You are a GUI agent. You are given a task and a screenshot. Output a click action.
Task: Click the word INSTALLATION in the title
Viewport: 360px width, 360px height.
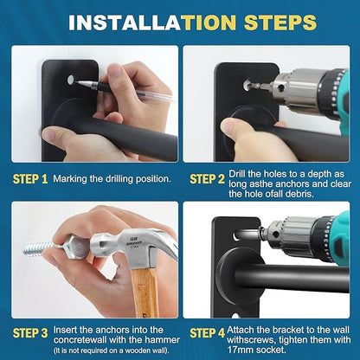[152, 22]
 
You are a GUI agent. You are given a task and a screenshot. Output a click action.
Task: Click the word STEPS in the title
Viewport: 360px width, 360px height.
[280, 22]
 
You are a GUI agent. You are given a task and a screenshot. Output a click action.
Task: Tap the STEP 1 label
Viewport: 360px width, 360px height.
[30, 179]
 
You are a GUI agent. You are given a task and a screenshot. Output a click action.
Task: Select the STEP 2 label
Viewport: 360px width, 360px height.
[207, 179]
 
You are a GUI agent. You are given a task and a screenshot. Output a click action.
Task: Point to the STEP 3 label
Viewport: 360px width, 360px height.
[30, 333]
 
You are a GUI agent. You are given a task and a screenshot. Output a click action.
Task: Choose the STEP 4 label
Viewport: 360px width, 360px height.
[207, 333]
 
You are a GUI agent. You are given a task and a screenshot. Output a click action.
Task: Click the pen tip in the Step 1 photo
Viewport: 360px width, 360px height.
[77, 82]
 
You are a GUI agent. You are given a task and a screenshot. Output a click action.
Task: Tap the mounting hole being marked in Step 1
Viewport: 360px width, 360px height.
[70, 80]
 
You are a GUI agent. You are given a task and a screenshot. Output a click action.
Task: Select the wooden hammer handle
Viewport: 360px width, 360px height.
[145, 292]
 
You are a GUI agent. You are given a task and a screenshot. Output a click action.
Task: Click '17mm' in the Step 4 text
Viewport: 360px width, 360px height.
[240, 350]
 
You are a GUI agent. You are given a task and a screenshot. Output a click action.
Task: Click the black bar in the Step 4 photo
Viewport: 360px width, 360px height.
[292, 278]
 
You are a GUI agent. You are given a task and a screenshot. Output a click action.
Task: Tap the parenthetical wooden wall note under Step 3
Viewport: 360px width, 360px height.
[112, 350]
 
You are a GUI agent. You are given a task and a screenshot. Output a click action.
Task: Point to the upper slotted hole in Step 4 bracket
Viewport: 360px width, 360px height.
[238, 235]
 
